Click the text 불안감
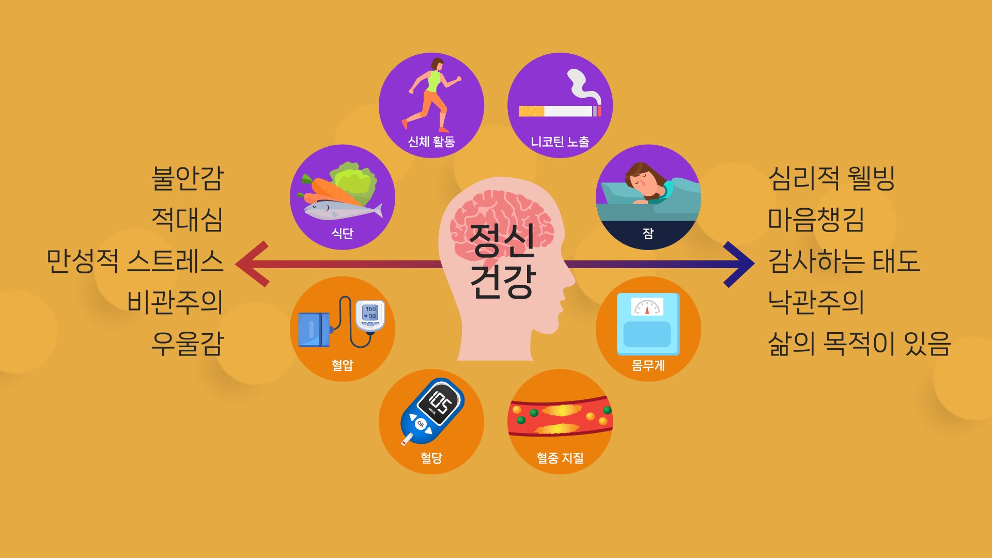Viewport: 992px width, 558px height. pos(187,178)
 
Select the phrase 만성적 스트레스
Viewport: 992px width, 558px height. pos(135,261)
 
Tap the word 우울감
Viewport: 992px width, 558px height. pos(187,344)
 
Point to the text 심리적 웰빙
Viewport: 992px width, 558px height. pos(831,178)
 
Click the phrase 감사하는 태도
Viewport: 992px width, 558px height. pos(844,261)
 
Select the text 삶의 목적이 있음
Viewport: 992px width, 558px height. pos(859,344)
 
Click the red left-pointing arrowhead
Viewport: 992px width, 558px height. pos(252,264)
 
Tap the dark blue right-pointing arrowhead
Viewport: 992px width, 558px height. pos(739,264)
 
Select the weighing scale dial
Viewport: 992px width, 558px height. pos(647,307)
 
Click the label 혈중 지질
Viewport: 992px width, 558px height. pos(560,458)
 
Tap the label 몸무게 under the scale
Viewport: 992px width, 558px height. pos(648,365)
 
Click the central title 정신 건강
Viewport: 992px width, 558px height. pos(502,261)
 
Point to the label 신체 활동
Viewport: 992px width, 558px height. pos(431,142)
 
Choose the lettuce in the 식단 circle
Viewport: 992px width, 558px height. pos(355,180)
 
